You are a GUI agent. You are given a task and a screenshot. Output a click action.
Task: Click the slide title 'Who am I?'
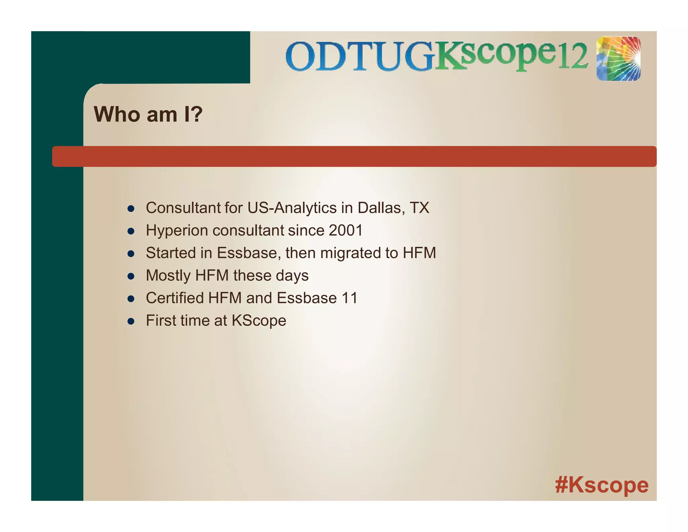[x=148, y=114]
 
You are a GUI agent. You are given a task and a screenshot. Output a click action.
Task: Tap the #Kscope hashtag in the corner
[x=602, y=485]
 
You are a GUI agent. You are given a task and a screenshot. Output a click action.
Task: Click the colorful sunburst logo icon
[x=618, y=59]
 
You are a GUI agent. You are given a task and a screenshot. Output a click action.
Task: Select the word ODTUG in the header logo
[x=359, y=56]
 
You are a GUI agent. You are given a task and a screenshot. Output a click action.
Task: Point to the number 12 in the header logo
[x=573, y=56]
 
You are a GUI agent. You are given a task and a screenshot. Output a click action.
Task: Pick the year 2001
[x=346, y=231]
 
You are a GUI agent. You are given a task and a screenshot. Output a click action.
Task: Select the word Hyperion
[x=177, y=231]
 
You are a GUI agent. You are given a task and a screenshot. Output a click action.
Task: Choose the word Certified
[x=175, y=298]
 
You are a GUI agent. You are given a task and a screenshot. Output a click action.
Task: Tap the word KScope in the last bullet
[x=259, y=321]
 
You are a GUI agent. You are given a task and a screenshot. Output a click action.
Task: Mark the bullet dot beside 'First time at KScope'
[x=131, y=321]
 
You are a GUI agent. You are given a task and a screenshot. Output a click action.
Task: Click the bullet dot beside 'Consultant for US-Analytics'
[x=131, y=209]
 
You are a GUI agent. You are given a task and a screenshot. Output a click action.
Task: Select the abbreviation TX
[x=419, y=208]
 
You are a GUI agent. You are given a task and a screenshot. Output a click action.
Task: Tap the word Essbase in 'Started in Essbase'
[x=247, y=253]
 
